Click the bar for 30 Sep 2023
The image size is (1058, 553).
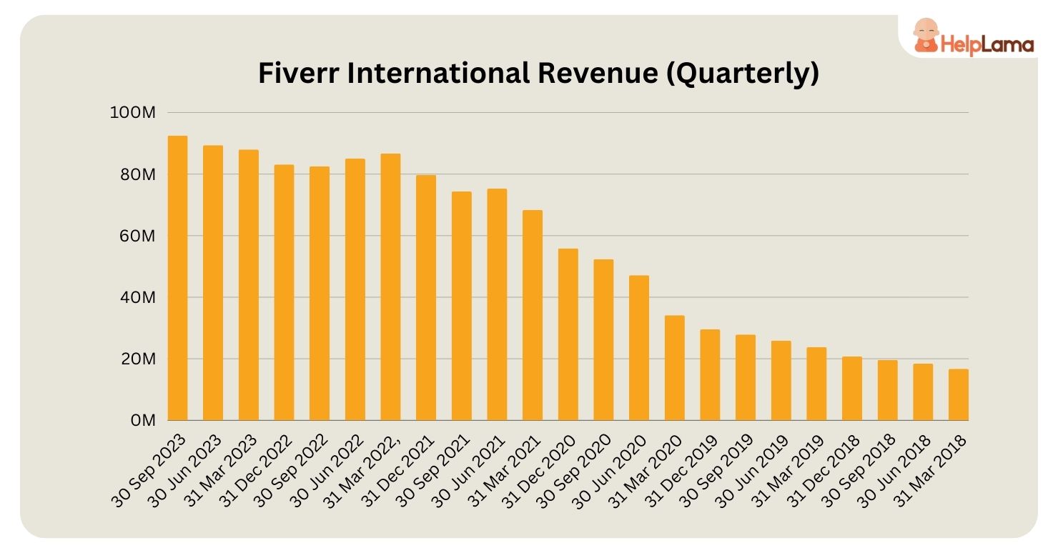177,278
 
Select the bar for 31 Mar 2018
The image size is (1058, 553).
958,394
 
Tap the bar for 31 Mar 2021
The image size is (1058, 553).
533,315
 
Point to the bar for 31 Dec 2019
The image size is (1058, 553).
710,374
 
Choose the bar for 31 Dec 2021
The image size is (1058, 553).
426,297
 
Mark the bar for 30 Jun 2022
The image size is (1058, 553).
355,289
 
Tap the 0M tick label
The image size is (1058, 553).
144,420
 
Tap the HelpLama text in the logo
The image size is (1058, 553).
988,45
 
